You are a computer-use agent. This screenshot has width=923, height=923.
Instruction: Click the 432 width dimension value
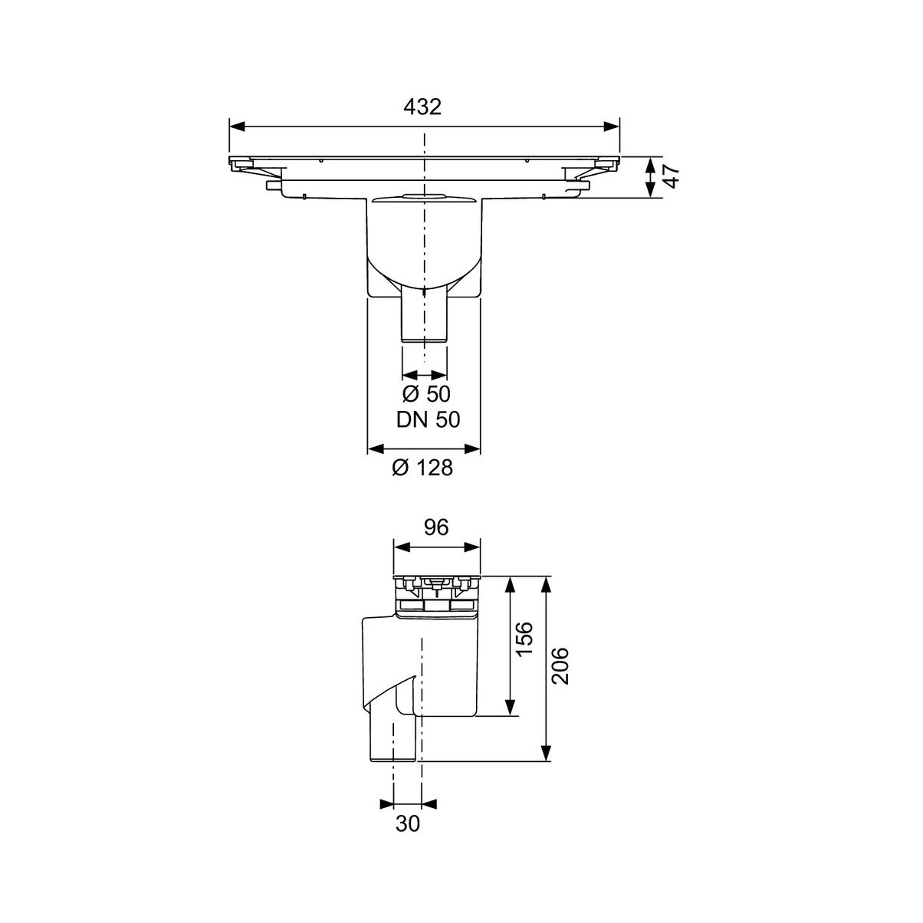click(x=422, y=107)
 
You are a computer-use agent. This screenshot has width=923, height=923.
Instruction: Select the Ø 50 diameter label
click(x=426, y=394)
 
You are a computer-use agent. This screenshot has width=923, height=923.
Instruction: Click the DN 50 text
click(x=428, y=419)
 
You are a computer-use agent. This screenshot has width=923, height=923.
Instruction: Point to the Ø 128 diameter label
click(x=422, y=468)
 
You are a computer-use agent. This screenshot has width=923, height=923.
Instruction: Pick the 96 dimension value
click(x=436, y=527)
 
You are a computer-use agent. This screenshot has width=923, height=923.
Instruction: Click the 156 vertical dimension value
click(x=524, y=639)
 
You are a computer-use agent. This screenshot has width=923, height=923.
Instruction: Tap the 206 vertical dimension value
click(x=560, y=665)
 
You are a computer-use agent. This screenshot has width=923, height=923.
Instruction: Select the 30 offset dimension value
click(x=408, y=823)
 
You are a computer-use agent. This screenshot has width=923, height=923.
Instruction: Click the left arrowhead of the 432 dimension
click(x=238, y=126)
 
